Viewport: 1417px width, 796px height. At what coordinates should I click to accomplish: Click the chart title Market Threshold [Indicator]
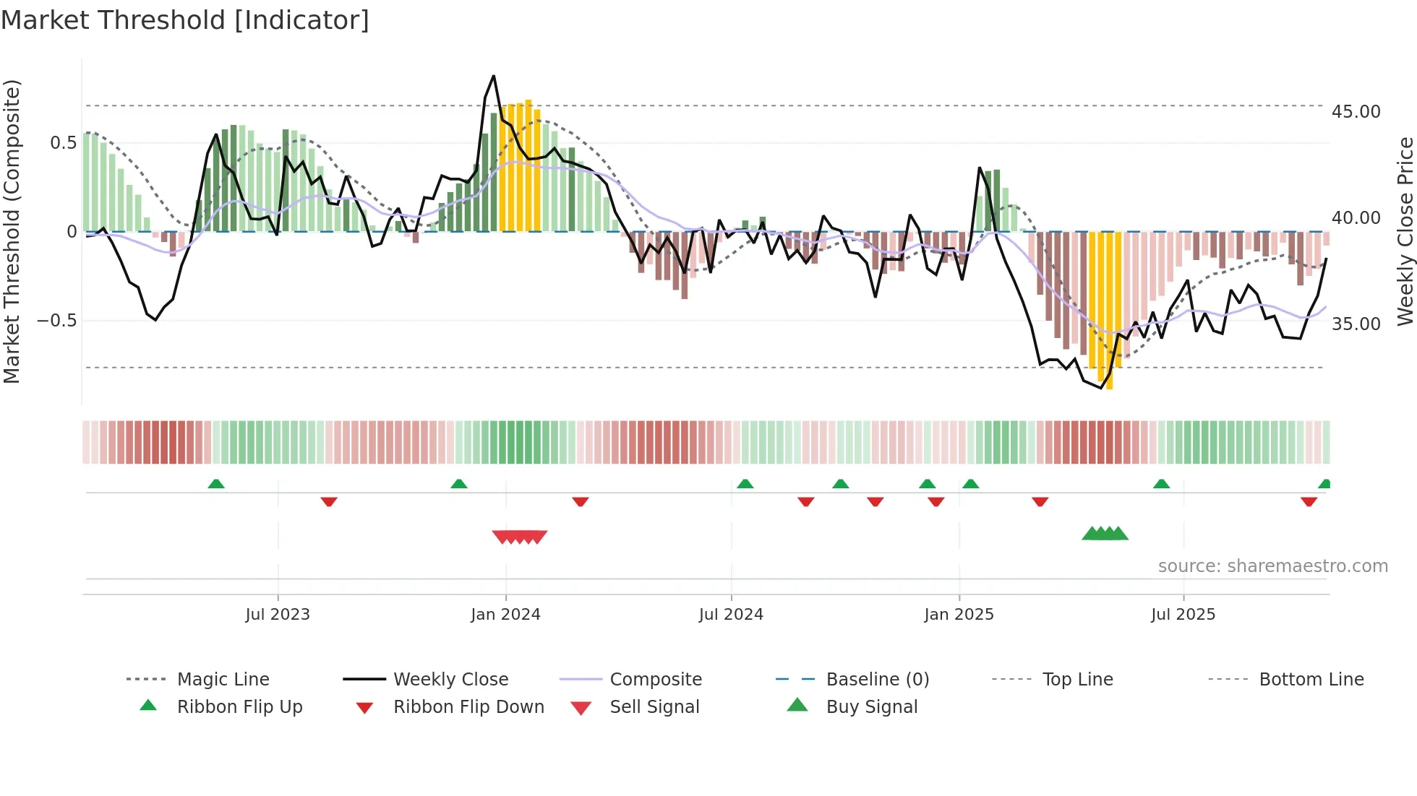coord(185,20)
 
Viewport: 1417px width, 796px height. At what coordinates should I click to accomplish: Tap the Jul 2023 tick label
coord(278,615)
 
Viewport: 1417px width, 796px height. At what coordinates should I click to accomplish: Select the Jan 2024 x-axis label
coord(505,615)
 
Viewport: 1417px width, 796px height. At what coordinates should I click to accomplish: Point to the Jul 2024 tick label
coord(731,615)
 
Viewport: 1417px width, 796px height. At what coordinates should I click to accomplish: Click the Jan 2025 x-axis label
coord(959,615)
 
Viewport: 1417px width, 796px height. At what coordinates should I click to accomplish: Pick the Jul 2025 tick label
coord(1183,615)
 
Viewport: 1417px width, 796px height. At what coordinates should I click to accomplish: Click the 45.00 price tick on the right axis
coord(1356,112)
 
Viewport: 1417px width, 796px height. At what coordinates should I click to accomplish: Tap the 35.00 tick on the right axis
coord(1356,324)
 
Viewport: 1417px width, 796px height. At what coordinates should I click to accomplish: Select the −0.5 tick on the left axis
coord(56,321)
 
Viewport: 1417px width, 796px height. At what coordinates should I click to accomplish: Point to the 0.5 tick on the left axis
coord(63,143)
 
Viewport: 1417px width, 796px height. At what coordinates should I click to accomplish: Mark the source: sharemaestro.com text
coord(1272,566)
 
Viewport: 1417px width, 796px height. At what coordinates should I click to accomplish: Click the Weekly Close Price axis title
coord(1405,231)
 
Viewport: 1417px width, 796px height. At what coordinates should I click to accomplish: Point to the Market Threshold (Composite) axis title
coord(12,231)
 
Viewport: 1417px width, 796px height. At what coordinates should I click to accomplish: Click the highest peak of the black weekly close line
coord(494,76)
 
